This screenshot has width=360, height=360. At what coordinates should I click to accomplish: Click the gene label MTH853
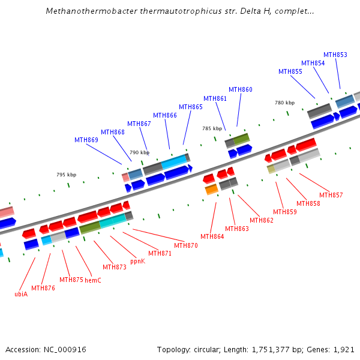pyautogui.click(x=335, y=55)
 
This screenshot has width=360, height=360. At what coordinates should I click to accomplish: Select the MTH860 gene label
pyautogui.click(x=241, y=90)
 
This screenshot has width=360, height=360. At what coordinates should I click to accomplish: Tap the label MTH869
pyautogui.click(x=86, y=140)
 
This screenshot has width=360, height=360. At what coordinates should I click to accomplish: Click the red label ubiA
pyautogui.click(x=21, y=294)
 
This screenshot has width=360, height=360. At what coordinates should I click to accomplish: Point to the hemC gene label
pyautogui.click(x=92, y=280)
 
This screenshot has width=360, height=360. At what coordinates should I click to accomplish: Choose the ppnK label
pyautogui.click(x=137, y=261)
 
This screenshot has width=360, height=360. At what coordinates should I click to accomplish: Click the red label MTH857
pyautogui.click(x=331, y=195)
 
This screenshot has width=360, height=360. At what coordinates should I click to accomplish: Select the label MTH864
pyautogui.click(x=212, y=237)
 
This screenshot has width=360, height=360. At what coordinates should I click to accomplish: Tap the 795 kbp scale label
pyautogui.click(x=67, y=175)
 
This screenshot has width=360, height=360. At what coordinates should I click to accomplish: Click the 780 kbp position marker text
pyautogui.click(x=284, y=103)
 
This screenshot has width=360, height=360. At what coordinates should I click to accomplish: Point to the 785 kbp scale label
pyautogui.click(x=212, y=128)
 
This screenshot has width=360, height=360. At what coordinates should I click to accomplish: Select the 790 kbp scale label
pyautogui.click(x=139, y=152)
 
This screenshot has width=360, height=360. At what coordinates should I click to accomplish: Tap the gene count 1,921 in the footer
pyautogui.click(x=344, y=349)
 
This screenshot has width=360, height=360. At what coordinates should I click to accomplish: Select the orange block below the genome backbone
pyautogui.click(x=211, y=190)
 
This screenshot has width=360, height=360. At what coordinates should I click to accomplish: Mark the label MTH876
pyautogui.click(x=43, y=288)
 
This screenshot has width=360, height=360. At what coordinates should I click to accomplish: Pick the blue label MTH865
pyautogui.click(x=191, y=107)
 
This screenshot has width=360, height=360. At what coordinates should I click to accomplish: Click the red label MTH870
pyautogui.click(x=186, y=245)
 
